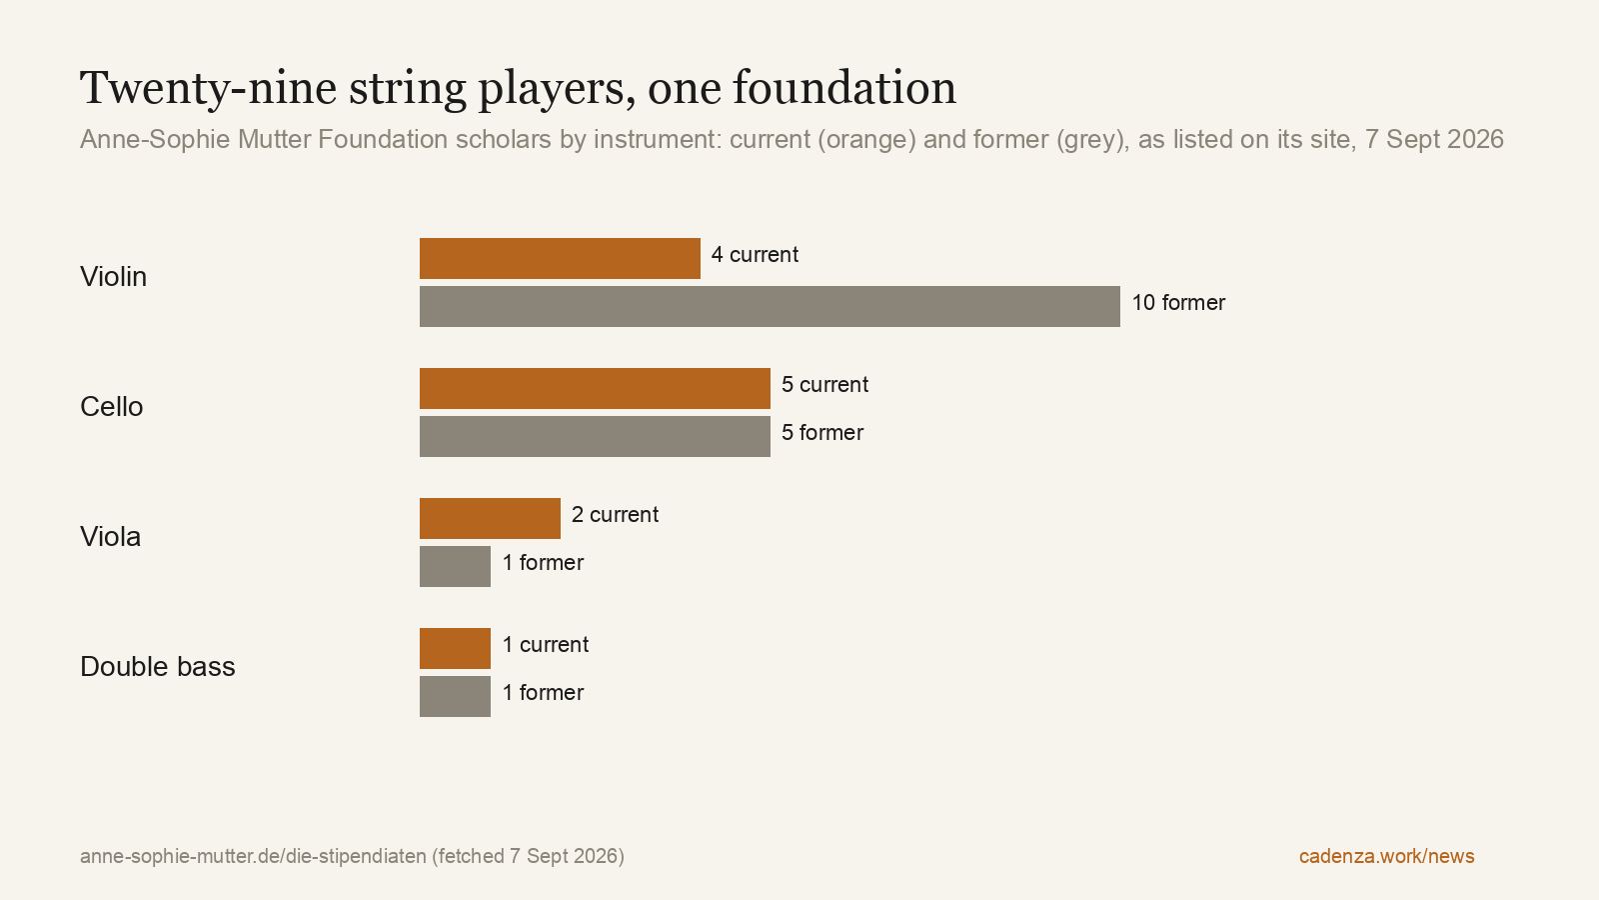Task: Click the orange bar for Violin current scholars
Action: (560, 259)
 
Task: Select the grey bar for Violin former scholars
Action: (770, 306)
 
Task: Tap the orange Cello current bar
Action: (595, 389)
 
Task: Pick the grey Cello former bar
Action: (595, 436)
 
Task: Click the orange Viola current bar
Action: (490, 519)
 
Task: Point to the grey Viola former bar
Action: (455, 566)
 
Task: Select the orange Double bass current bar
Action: (455, 649)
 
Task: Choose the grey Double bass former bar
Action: (455, 696)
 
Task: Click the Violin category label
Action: (114, 277)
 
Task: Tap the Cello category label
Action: (111, 407)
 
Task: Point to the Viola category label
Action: (111, 537)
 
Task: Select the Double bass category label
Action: (158, 667)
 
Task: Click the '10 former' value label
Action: (1178, 303)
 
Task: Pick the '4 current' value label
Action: (755, 255)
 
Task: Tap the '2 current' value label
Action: (615, 515)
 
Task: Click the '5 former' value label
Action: (822, 433)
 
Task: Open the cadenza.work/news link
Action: (1386, 856)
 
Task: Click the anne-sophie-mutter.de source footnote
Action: (352, 856)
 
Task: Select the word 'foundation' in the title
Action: (844, 89)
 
